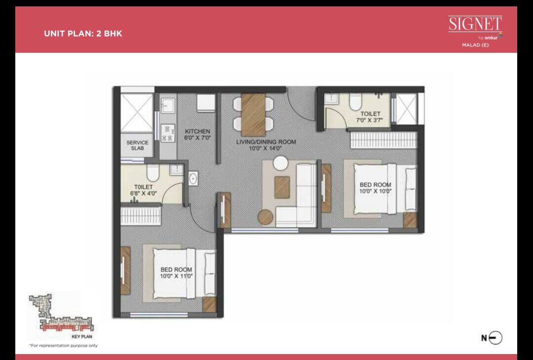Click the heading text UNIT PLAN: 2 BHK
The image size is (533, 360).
[x=83, y=34]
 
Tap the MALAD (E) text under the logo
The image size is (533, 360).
[x=475, y=45]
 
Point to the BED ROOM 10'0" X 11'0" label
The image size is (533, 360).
[x=176, y=273]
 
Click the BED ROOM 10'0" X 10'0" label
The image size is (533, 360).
[x=375, y=188]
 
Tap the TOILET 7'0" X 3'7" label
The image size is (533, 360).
[x=370, y=117]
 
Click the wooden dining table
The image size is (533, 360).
[x=254, y=115]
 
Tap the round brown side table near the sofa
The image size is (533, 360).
[x=265, y=217]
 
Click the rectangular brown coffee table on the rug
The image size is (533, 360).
[x=282, y=187]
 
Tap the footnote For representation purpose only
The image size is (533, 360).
[x=63, y=345]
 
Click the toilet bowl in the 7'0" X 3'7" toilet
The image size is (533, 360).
[x=354, y=102]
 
